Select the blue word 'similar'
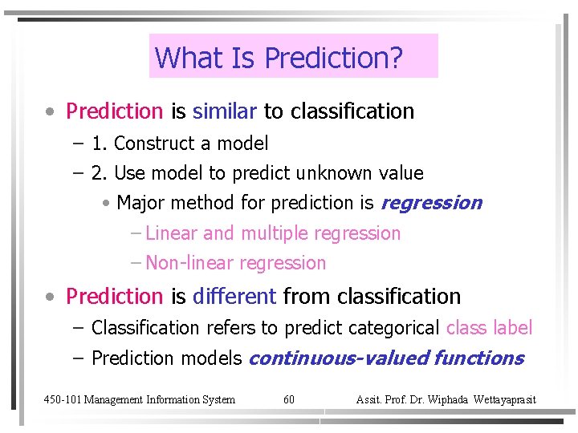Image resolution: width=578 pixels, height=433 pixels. click(x=225, y=111)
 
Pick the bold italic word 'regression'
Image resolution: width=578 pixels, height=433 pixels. click(x=431, y=204)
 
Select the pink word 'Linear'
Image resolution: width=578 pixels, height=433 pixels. click(x=172, y=233)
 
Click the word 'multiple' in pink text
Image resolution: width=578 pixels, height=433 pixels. click(x=275, y=233)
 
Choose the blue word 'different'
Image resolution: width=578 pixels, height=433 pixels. click(x=234, y=297)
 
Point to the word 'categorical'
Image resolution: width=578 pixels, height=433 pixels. click(x=393, y=328)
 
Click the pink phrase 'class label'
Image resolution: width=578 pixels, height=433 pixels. click(x=489, y=328)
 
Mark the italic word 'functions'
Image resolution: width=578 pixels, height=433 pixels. click(x=478, y=358)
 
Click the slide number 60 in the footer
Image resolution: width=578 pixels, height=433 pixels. click(x=289, y=399)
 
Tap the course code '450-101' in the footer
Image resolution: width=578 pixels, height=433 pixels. click(x=61, y=399)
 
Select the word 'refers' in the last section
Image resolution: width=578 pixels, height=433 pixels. click(x=230, y=328)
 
